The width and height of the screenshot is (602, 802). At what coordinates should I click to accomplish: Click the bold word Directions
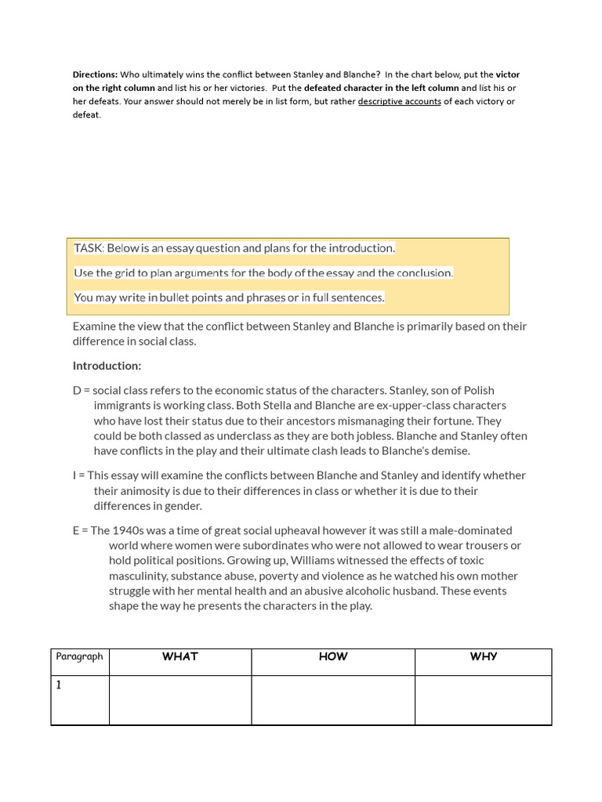(x=96, y=74)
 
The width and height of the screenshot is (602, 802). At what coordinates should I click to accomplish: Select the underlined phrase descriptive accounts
(x=399, y=101)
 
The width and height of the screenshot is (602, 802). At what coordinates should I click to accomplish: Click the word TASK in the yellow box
(x=89, y=248)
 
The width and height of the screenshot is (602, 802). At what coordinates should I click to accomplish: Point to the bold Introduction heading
(x=107, y=366)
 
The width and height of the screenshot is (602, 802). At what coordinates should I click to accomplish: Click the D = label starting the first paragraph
(x=82, y=390)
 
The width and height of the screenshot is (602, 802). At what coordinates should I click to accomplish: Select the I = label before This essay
(x=78, y=475)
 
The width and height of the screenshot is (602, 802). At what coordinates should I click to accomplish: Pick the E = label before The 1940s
(x=81, y=530)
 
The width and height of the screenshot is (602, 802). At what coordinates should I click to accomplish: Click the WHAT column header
(x=180, y=657)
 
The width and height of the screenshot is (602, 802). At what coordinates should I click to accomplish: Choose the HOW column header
(x=332, y=657)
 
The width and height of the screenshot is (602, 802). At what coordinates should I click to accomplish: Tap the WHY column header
(x=483, y=657)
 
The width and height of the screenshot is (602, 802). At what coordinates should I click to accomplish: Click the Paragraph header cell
(x=79, y=657)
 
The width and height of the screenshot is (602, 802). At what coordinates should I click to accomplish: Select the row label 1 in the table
(x=59, y=685)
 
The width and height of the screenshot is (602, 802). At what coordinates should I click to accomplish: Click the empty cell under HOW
(x=332, y=699)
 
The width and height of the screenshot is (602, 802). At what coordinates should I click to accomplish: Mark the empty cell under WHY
(x=483, y=699)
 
